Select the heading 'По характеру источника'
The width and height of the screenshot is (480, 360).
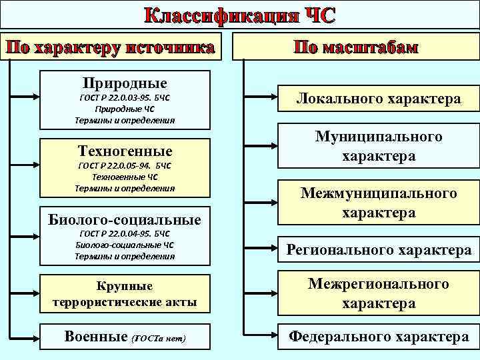pyautogui.click(x=111, y=47)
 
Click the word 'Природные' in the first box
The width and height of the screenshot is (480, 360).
pyautogui.click(x=125, y=83)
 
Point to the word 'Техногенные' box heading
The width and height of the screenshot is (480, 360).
pyautogui.click(x=125, y=150)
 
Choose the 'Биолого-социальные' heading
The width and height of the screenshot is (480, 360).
pyautogui.click(x=125, y=219)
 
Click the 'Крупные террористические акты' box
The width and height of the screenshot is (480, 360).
pyautogui.click(x=125, y=294)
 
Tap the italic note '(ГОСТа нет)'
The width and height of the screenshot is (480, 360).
pyautogui.click(x=159, y=339)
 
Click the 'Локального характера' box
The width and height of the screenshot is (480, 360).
pyautogui.click(x=378, y=99)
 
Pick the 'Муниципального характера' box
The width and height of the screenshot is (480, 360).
pyautogui.click(x=378, y=146)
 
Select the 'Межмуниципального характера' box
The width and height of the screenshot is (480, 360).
pyautogui.click(x=378, y=203)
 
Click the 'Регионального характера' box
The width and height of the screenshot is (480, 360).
pyautogui.click(x=378, y=250)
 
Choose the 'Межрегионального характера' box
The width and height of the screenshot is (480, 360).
pyautogui.click(x=378, y=293)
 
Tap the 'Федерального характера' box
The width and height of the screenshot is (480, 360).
pyautogui.click(x=378, y=337)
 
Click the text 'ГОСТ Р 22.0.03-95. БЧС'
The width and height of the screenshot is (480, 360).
pyautogui.click(x=125, y=97)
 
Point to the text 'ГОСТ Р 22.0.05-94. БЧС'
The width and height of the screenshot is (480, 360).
pyautogui.click(x=125, y=165)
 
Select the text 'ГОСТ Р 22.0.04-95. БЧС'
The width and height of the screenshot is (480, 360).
pyautogui.click(x=125, y=234)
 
